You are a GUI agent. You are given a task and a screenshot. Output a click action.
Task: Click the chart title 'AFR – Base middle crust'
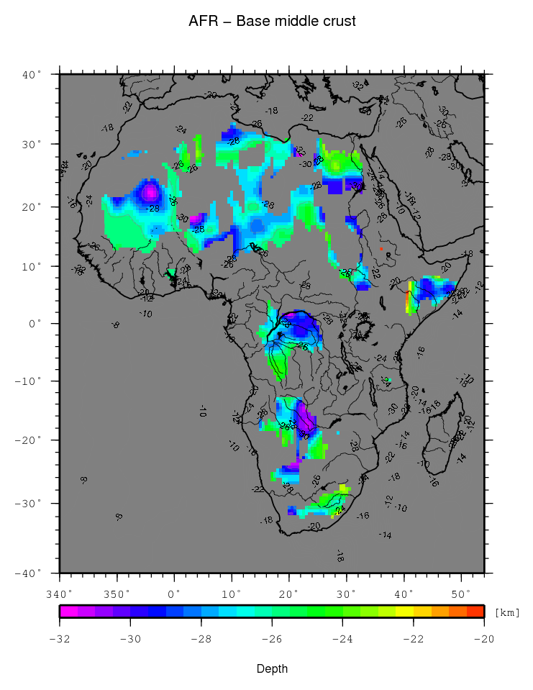click(x=272, y=22)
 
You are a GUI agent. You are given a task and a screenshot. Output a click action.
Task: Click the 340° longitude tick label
click(x=59, y=594)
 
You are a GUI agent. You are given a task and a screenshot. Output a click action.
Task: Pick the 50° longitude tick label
click(x=461, y=594)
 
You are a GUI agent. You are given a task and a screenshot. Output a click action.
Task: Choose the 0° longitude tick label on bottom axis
click(x=174, y=594)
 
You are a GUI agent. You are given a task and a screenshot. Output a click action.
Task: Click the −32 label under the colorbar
click(x=60, y=639)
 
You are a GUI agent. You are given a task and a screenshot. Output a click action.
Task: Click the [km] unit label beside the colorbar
click(x=507, y=612)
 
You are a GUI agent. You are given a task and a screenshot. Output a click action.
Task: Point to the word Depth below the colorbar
click(x=273, y=669)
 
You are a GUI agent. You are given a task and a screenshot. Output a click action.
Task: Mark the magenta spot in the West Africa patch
click(x=150, y=192)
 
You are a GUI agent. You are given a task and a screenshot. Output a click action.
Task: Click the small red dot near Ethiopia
click(x=381, y=248)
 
